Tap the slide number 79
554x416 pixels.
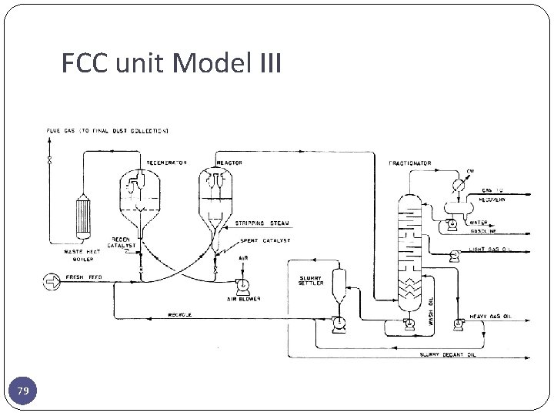click(23, 392)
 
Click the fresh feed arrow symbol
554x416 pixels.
click(51, 283)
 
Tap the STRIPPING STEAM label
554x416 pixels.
click(262, 223)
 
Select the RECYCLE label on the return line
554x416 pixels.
click(180, 314)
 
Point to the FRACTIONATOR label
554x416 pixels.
click(410, 163)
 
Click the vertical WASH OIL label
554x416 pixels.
click(432, 311)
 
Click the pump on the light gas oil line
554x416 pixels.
click(456, 253)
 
